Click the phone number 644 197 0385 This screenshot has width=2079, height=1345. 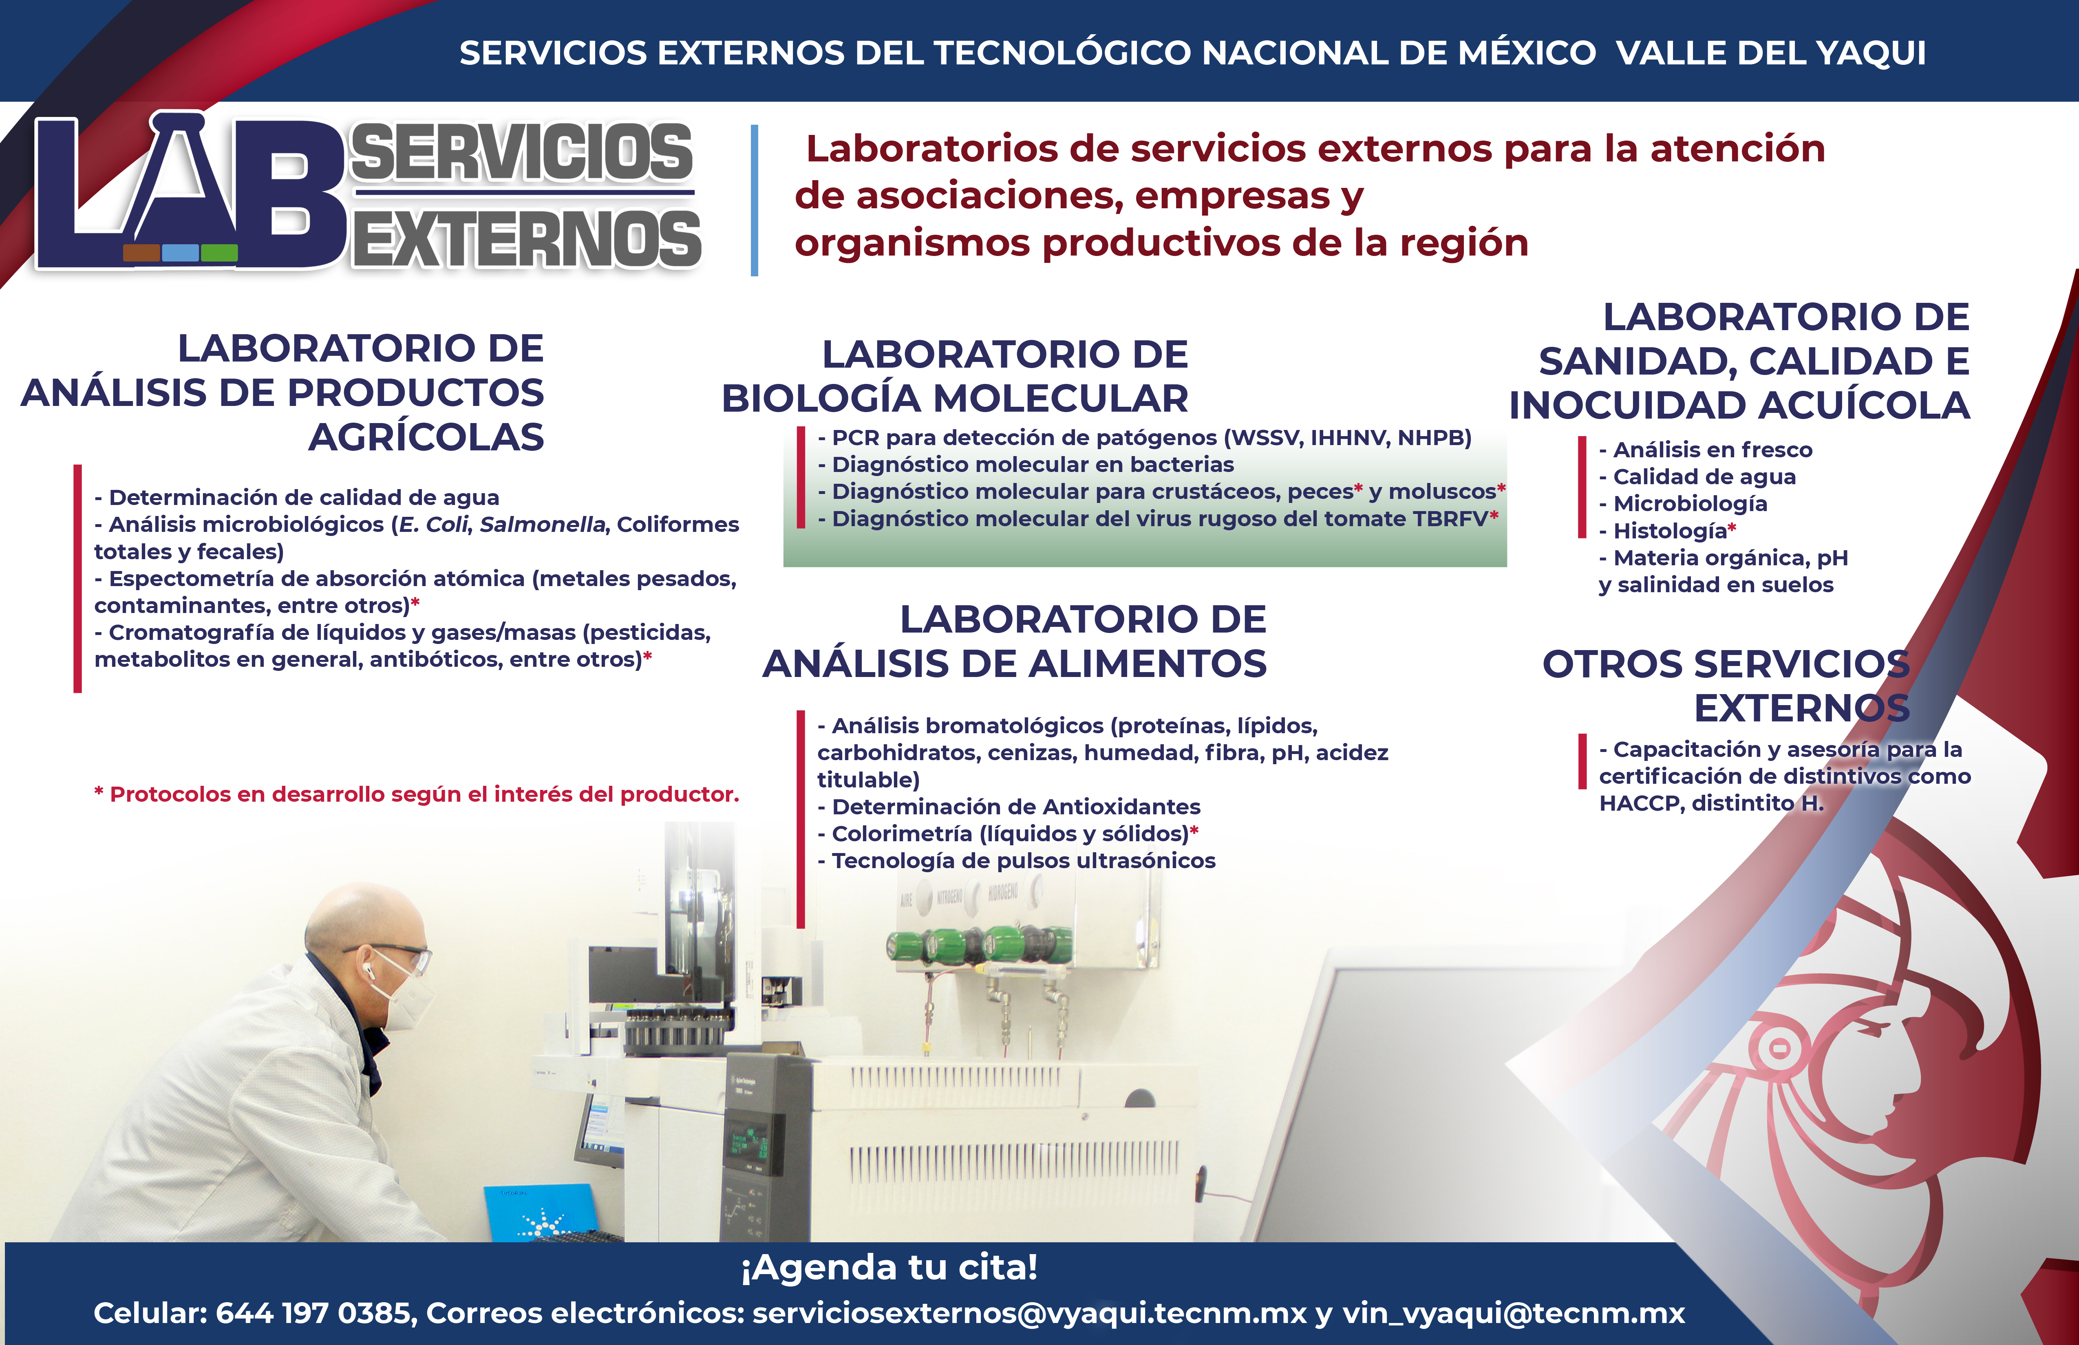[313, 1313]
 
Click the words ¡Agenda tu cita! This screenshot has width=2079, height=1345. [889, 1267]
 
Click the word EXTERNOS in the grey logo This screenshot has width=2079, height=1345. [527, 238]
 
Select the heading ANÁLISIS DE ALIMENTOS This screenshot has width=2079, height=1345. [1014, 664]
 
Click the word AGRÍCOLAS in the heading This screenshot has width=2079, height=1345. [426, 437]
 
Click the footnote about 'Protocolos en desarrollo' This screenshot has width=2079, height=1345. [417, 794]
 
